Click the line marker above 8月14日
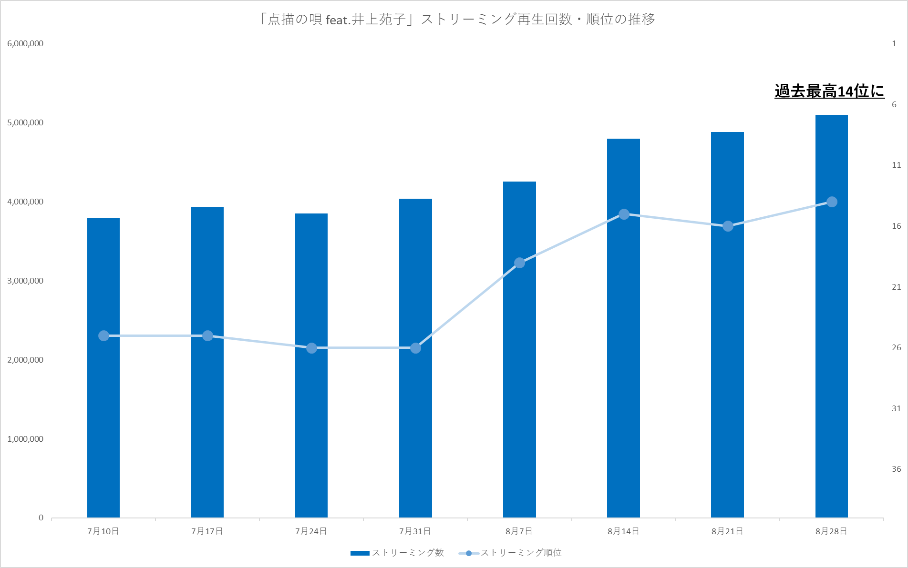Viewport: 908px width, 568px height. (624, 214)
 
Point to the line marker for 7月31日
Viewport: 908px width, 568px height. (415, 348)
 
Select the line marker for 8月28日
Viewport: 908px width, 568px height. (832, 202)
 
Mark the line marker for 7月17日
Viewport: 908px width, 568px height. (207, 336)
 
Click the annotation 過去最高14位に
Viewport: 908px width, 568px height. (829, 91)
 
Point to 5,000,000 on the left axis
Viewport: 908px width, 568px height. (25, 122)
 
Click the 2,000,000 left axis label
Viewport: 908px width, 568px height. (25, 360)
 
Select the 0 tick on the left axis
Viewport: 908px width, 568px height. (41, 518)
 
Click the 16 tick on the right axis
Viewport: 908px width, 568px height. (897, 226)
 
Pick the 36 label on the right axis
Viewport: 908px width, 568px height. (897, 469)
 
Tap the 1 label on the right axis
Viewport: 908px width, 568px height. (894, 43)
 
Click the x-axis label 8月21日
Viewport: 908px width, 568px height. (727, 531)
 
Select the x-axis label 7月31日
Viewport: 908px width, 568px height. (415, 531)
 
